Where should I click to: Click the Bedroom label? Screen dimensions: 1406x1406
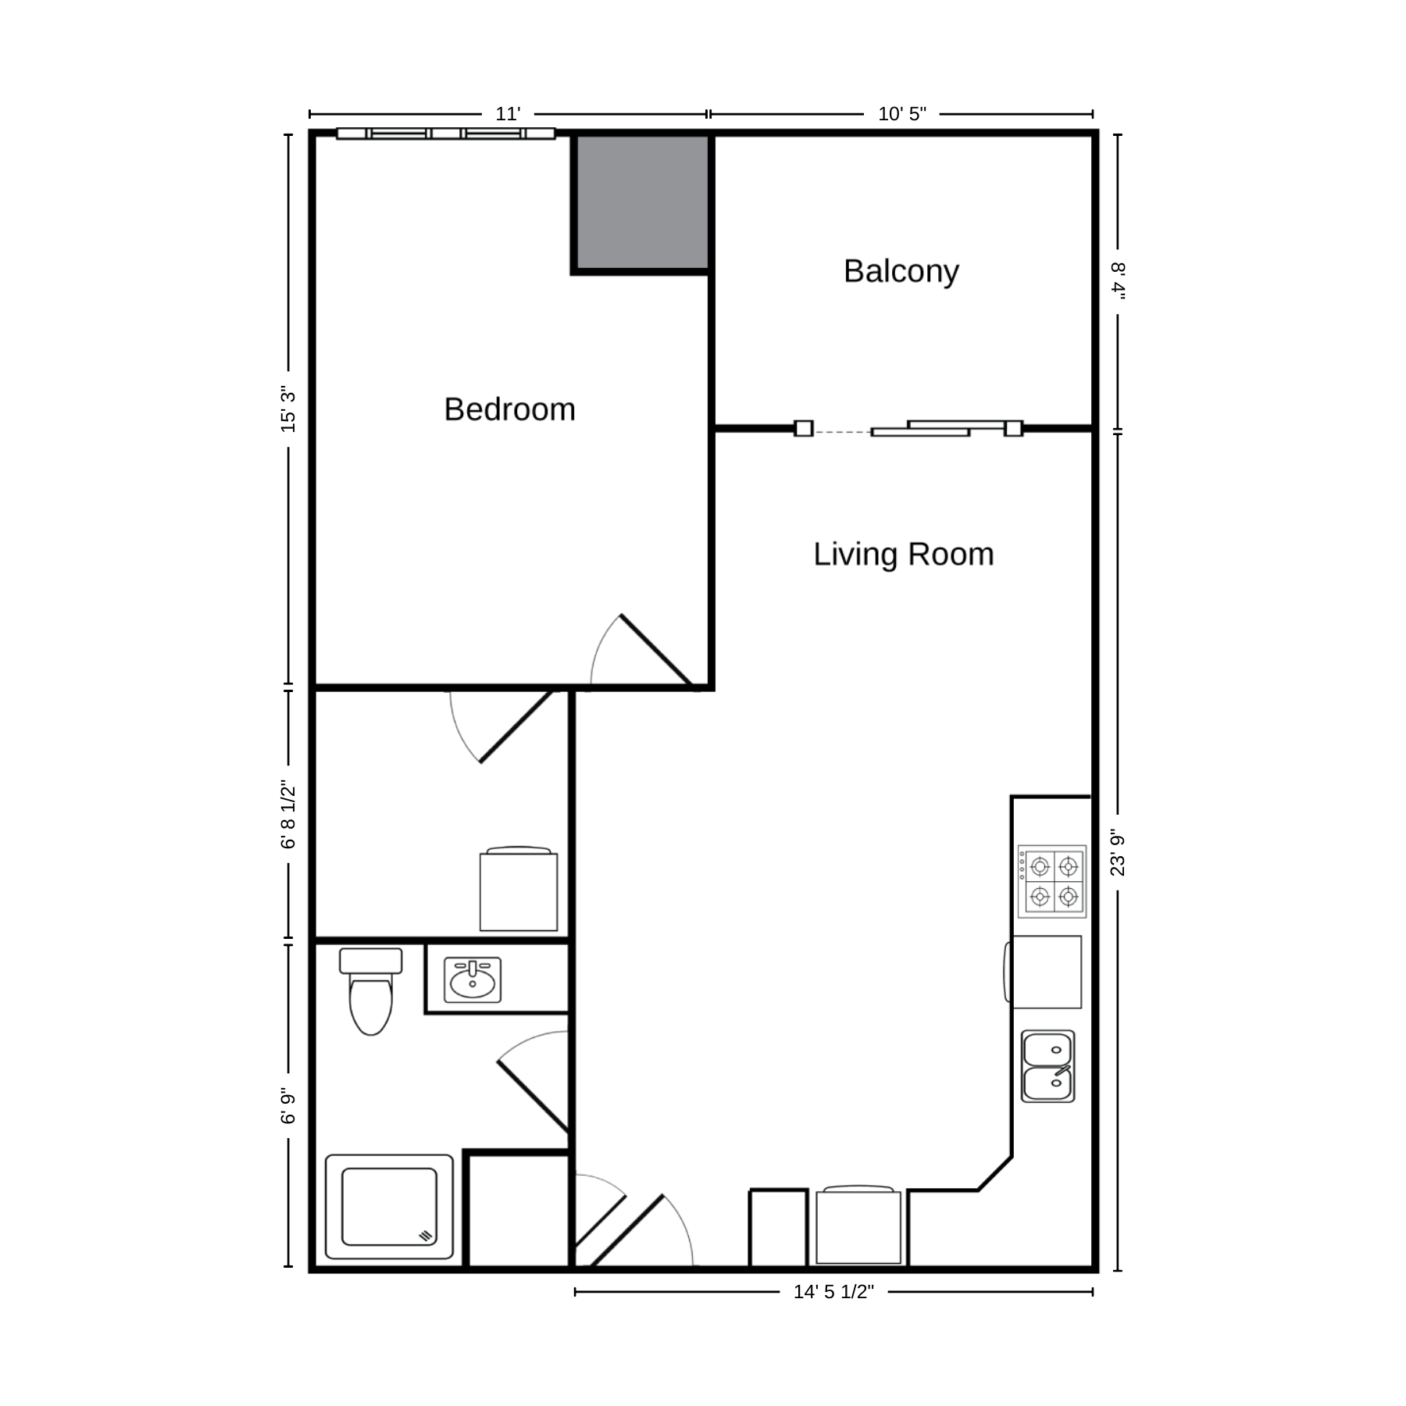509,409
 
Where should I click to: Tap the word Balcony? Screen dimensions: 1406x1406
901,272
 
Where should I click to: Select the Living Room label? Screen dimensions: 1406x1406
904,555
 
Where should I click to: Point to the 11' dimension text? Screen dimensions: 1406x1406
508,114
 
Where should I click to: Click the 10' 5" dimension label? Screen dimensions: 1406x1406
902,114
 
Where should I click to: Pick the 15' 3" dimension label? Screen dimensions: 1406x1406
288,409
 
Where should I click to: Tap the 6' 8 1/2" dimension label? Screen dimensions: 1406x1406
288,814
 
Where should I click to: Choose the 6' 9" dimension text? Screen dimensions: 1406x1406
288,1105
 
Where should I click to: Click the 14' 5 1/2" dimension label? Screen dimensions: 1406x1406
833,1292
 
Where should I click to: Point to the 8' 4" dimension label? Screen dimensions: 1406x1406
1118,280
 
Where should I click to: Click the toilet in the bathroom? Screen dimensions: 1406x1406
370,991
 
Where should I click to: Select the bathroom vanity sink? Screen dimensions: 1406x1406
473,980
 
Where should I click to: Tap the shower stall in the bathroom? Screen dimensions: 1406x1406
389,1207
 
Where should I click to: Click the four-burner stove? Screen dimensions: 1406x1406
1051,881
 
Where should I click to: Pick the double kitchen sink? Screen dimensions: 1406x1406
1048,1066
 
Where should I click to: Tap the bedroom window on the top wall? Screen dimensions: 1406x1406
446,134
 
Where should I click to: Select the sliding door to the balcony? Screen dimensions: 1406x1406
908,428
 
